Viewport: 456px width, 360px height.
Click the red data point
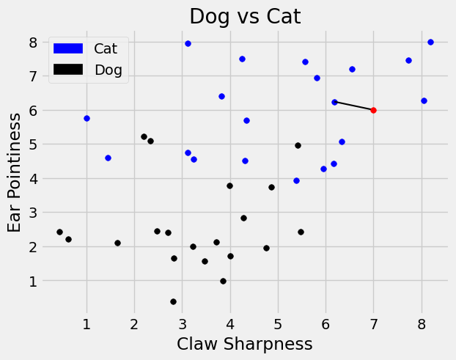click(x=373, y=110)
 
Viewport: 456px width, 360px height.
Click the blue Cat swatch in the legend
click(x=70, y=48)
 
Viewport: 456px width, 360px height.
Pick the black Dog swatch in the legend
click(x=70, y=70)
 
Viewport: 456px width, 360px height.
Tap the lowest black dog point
click(x=173, y=301)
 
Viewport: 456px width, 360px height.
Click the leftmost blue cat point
click(x=87, y=118)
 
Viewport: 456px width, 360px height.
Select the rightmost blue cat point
click(x=430, y=42)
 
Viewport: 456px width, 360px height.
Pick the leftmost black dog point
click(x=59, y=232)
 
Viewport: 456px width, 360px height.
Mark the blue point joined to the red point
click(x=334, y=102)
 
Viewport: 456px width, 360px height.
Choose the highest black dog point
click(x=144, y=136)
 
